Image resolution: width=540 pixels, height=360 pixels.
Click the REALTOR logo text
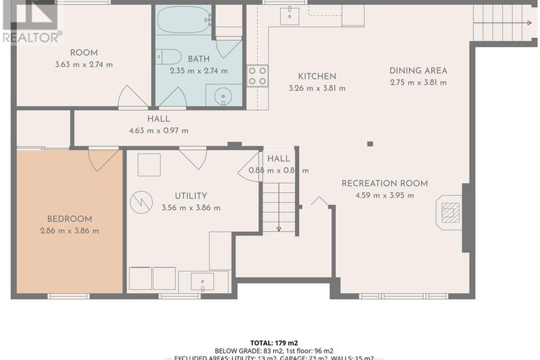tap(32, 37)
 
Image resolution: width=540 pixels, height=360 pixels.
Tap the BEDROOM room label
tap(69, 219)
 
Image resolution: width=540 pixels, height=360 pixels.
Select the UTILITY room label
tap(190, 196)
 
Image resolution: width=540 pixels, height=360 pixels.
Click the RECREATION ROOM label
tap(384, 183)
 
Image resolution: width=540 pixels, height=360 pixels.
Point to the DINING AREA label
tap(418, 70)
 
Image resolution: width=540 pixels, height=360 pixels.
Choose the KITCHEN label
tap(317, 76)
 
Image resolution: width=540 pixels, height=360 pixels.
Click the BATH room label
tap(199, 59)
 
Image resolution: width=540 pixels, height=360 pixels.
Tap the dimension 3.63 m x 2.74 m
tap(84, 65)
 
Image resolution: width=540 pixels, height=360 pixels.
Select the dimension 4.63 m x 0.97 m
tap(158, 131)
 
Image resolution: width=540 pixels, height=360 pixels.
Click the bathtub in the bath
tap(183, 20)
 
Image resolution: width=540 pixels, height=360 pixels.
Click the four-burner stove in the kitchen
tap(257, 75)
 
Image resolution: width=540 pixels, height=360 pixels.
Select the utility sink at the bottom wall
tap(203, 282)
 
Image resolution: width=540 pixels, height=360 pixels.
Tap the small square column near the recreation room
tap(370, 144)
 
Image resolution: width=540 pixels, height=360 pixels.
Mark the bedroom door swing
tap(103, 158)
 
